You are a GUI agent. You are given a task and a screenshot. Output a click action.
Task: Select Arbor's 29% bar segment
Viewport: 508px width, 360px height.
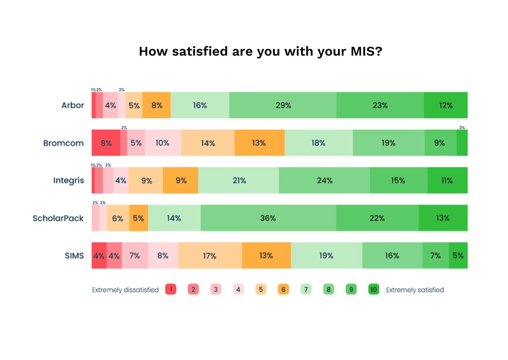(x=283, y=105)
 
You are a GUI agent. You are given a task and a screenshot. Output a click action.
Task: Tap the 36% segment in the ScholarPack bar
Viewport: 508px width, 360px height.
(x=268, y=218)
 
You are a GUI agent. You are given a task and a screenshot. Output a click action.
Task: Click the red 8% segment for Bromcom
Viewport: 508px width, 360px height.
(x=106, y=143)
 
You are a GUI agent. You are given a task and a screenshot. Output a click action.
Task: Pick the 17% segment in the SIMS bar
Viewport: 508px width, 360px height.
(x=210, y=256)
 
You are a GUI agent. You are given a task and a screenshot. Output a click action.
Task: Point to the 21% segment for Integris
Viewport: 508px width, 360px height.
(x=239, y=181)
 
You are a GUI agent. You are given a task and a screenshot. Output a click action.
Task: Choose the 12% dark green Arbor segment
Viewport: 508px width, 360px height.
(x=445, y=105)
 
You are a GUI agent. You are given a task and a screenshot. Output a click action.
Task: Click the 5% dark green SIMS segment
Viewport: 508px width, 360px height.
(x=458, y=256)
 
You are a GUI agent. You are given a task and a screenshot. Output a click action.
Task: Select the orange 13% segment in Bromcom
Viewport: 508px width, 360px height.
(x=259, y=143)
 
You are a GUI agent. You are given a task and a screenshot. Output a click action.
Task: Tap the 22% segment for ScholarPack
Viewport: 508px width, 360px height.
(x=377, y=218)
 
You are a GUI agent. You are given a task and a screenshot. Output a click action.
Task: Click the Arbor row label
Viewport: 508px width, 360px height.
(x=73, y=105)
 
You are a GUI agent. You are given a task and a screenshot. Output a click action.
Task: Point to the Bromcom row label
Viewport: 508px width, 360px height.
(x=63, y=143)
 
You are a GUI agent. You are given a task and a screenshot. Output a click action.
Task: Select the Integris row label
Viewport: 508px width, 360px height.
(x=69, y=181)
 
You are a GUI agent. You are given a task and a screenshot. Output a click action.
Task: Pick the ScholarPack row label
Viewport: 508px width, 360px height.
(x=58, y=218)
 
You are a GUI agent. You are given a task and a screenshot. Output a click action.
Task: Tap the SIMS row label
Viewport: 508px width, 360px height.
(x=75, y=256)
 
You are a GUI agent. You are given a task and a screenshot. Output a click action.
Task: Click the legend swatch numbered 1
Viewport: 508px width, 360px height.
(x=171, y=290)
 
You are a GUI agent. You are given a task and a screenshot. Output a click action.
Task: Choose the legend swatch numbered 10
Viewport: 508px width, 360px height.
(x=374, y=290)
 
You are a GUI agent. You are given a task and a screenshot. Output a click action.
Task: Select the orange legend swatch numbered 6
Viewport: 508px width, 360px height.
(x=283, y=290)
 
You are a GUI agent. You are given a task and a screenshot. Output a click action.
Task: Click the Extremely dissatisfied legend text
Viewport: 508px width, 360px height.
(x=125, y=290)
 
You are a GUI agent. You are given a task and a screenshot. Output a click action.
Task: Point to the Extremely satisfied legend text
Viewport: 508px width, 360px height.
(x=415, y=290)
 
